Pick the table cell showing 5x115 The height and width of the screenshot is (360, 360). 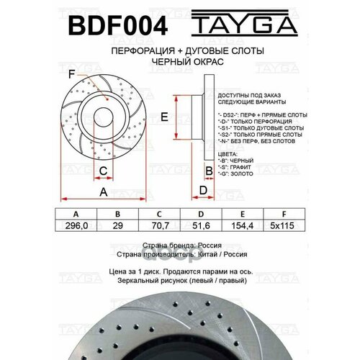[x=284, y=225]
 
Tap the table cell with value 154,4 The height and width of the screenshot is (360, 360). [x=243, y=225]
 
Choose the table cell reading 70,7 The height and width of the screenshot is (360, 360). [x=159, y=225]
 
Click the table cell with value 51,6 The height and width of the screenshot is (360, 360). [x=201, y=225]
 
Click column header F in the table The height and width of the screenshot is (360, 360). [x=284, y=215]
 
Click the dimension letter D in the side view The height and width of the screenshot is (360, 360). [x=204, y=189]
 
